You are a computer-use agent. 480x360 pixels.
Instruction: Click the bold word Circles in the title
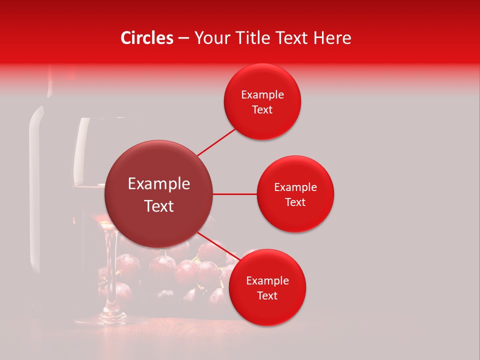(x=147, y=38)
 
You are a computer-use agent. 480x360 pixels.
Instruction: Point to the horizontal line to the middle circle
(x=234, y=194)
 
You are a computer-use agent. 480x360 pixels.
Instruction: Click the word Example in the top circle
(x=262, y=95)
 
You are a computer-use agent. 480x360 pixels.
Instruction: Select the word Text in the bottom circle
(x=267, y=295)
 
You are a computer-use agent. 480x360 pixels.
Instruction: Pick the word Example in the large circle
(x=159, y=184)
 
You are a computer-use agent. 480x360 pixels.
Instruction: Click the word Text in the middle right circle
(x=295, y=202)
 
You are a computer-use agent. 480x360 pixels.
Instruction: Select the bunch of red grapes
(x=190, y=272)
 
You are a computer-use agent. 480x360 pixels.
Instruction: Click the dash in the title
(x=183, y=38)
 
